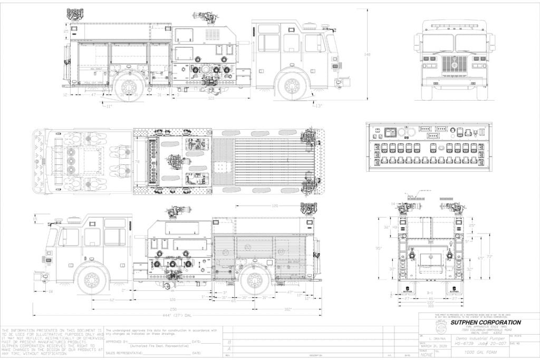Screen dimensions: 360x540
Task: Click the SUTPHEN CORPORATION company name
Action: (478, 322)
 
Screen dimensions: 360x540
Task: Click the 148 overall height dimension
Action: (368, 54)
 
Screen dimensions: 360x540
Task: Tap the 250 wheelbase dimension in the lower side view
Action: (173, 308)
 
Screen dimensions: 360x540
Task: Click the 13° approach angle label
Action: (317, 105)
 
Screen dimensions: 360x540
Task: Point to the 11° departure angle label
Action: (108, 106)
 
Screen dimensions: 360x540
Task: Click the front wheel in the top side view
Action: (292, 85)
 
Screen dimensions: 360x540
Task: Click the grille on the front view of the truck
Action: (453, 63)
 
